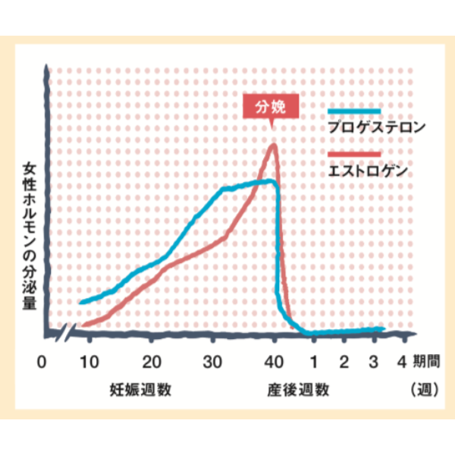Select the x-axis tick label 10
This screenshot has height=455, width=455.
[89, 361]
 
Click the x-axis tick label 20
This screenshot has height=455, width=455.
[152, 361]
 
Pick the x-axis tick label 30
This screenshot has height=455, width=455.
[214, 361]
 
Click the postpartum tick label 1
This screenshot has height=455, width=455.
[314, 361]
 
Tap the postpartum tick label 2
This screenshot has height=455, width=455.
[344, 361]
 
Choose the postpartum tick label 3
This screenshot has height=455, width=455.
[372, 361]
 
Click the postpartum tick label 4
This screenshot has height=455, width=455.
[401, 361]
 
